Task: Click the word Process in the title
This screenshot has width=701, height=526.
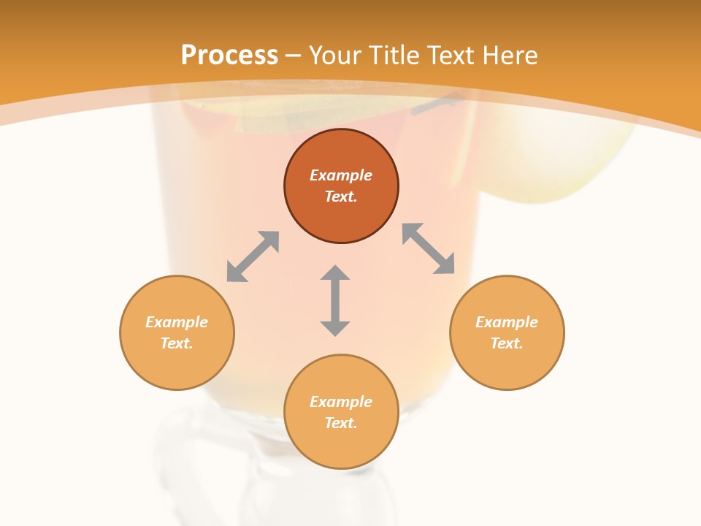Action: [229, 56]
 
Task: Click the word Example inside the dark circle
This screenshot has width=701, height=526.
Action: [341, 175]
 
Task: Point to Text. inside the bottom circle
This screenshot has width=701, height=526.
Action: [341, 423]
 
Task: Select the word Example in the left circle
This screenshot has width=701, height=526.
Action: [177, 322]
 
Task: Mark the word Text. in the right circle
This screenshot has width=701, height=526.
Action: [507, 343]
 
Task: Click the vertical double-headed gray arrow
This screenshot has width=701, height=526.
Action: [335, 300]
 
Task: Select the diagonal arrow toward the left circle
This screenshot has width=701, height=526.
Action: [253, 256]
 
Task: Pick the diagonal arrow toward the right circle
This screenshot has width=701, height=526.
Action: [429, 249]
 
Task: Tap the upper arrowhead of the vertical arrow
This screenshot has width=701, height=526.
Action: [335, 273]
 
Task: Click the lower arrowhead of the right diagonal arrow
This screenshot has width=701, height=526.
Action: [445, 264]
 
